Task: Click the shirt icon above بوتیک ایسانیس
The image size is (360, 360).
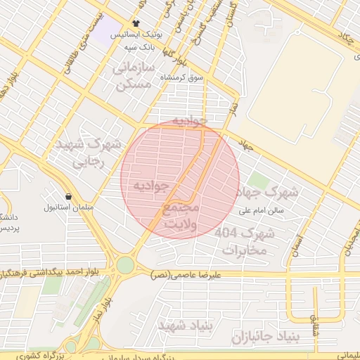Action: click(136, 23)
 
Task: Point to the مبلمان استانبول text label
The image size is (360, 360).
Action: click(64, 207)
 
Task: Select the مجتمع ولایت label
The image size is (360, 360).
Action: click(181, 216)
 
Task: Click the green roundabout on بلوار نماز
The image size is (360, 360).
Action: click(125, 265)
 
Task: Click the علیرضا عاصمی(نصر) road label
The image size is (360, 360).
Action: click(186, 275)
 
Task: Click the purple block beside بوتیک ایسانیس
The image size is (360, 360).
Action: click(110, 32)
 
